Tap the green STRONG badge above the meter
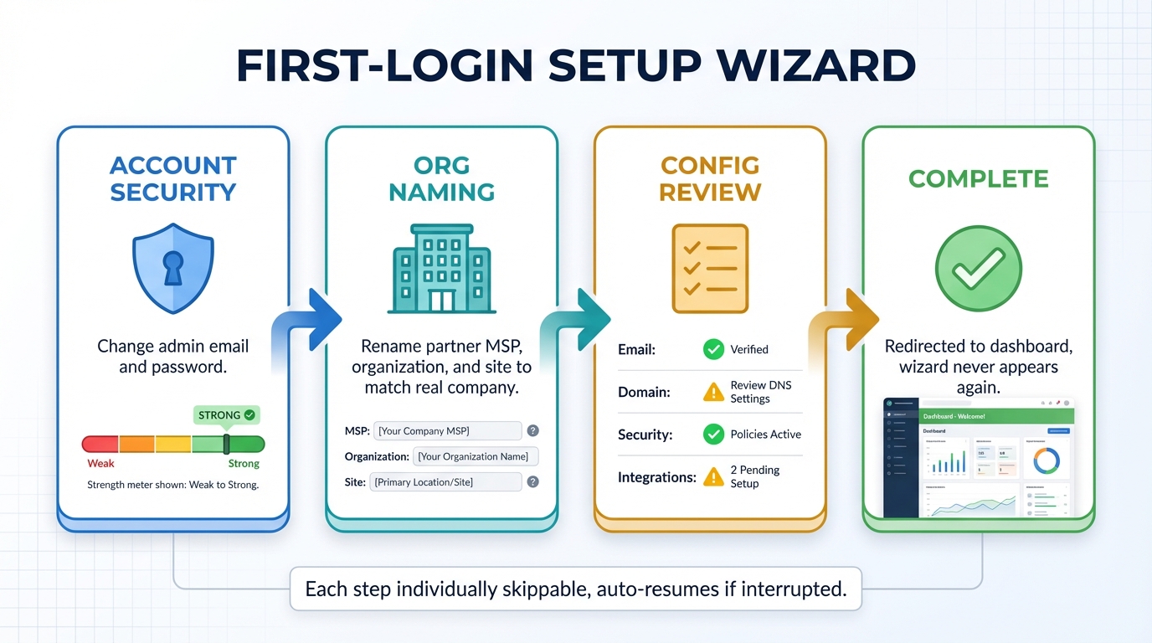click(227, 414)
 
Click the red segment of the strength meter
click(100, 444)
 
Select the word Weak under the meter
click(100, 464)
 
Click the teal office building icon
click(441, 268)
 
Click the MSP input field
click(448, 431)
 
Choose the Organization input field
click(476, 456)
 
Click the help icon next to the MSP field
click(532, 431)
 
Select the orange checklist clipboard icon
click(710, 268)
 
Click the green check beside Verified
click(713, 349)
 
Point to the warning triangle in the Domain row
click(713, 392)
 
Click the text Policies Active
click(765, 435)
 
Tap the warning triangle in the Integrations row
click(713, 477)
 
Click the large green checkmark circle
click(978, 269)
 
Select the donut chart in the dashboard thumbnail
click(1047, 460)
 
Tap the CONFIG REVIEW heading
click(710, 177)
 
